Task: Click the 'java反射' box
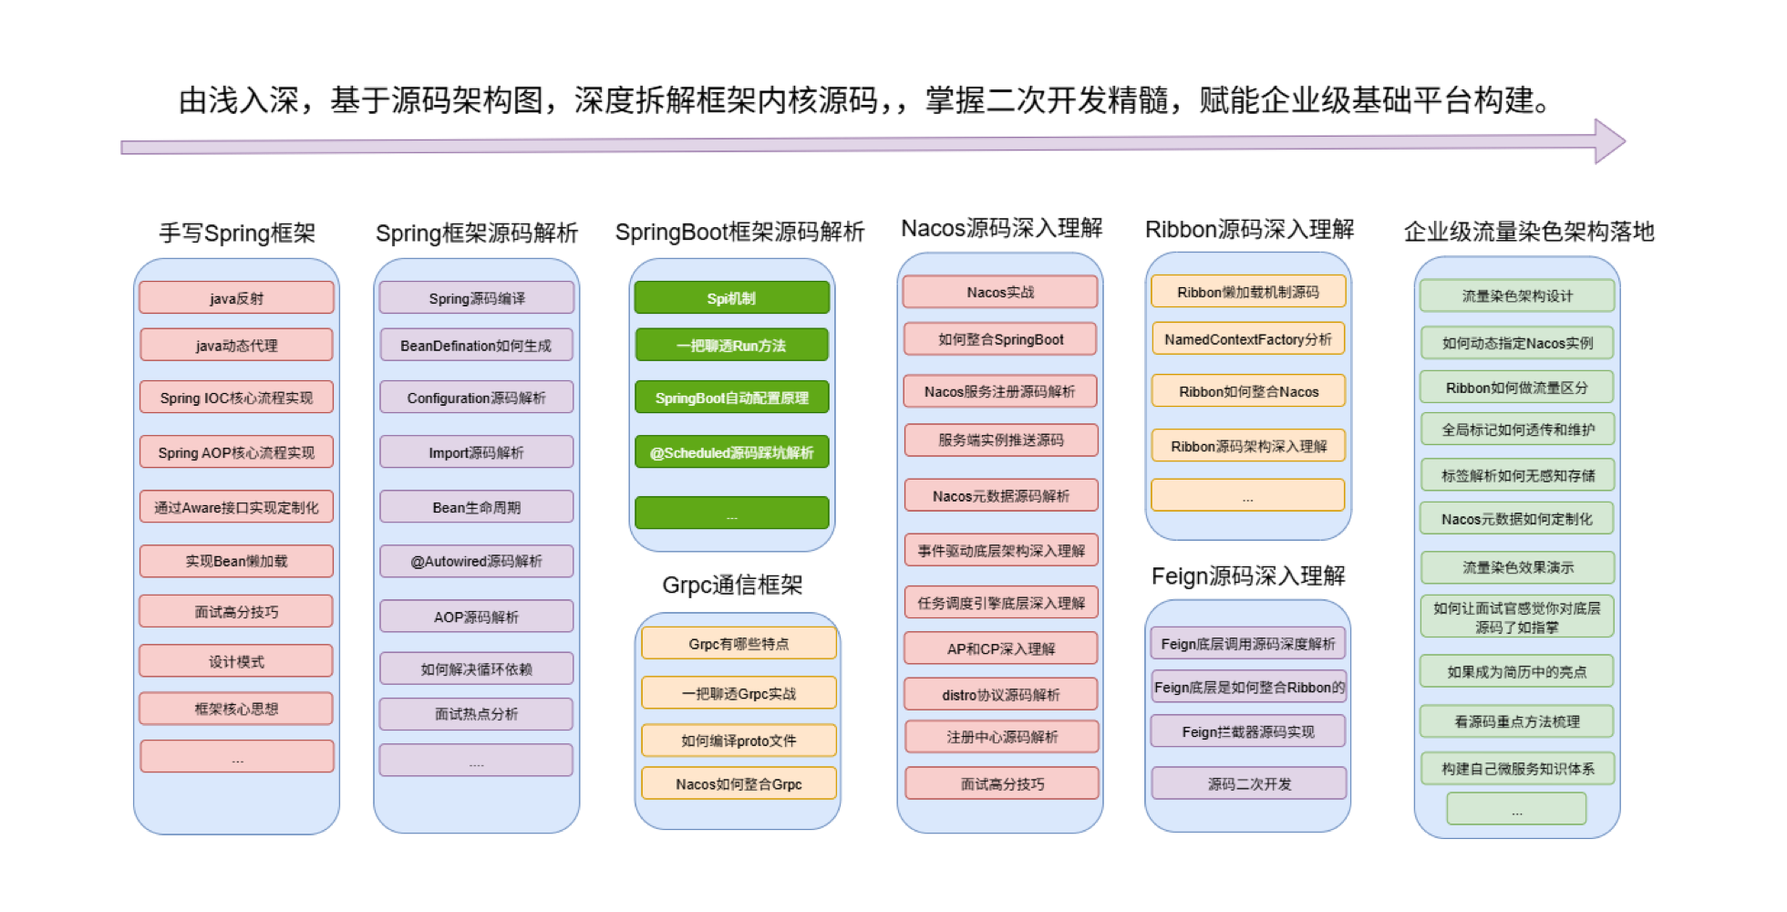236,298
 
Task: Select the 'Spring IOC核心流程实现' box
236,398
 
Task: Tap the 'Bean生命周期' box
476,507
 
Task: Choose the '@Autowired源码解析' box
476,561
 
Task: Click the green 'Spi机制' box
731,298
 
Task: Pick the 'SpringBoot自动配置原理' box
731,398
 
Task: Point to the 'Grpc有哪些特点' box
739,644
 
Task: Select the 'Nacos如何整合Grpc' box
739,783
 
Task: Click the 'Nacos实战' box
1000,292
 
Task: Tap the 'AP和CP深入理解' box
1000,648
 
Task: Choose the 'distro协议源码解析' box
1000,694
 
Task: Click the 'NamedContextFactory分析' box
1247,339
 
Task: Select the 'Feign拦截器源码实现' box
1247,731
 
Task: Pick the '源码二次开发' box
1248,783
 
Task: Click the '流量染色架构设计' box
1516,295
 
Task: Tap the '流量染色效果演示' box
1517,567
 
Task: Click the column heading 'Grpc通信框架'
732,585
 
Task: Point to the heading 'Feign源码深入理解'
1247,575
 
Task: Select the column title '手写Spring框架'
237,233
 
